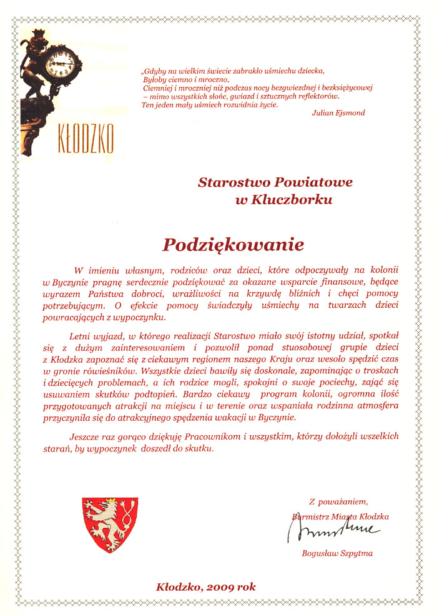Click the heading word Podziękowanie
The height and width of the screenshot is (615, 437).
point(233,244)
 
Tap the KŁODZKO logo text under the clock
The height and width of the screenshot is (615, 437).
point(85,140)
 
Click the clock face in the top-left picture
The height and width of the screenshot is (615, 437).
point(63,62)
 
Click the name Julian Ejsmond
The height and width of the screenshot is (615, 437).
point(338,113)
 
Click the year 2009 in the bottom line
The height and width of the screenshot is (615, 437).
point(219,587)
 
